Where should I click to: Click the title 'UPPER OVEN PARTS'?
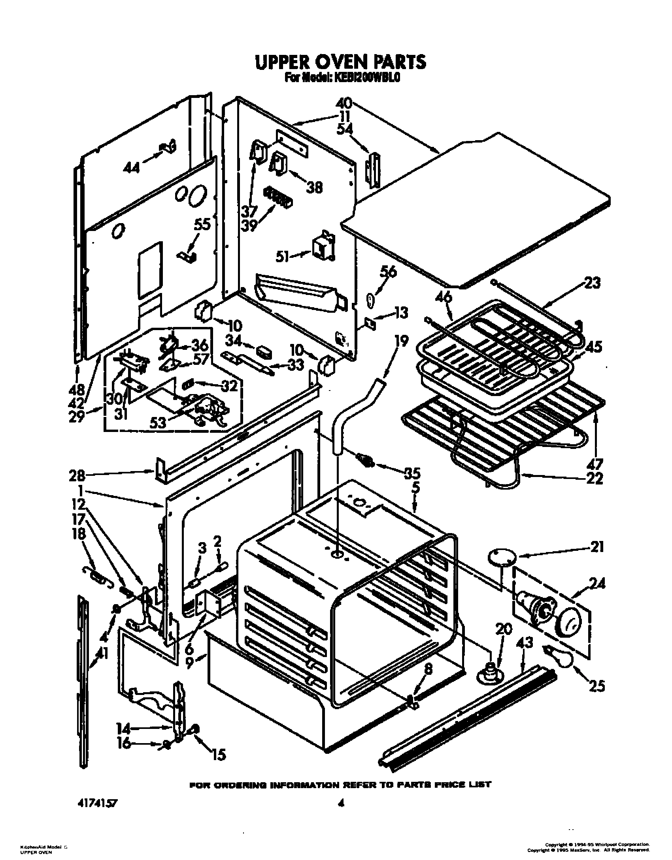pyautogui.click(x=340, y=62)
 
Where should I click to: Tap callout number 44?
pyautogui.click(x=131, y=168)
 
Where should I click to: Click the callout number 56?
pyautogui.click(x=388, y=272)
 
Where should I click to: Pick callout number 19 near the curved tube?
pyautogui.click(x=402, y=341)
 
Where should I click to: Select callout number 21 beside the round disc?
pyautogui.click(x=596, y=547)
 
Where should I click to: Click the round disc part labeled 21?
pyautogui.click(x=503, y=557)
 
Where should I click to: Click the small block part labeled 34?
pyautogui.click(x=264, y=351)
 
